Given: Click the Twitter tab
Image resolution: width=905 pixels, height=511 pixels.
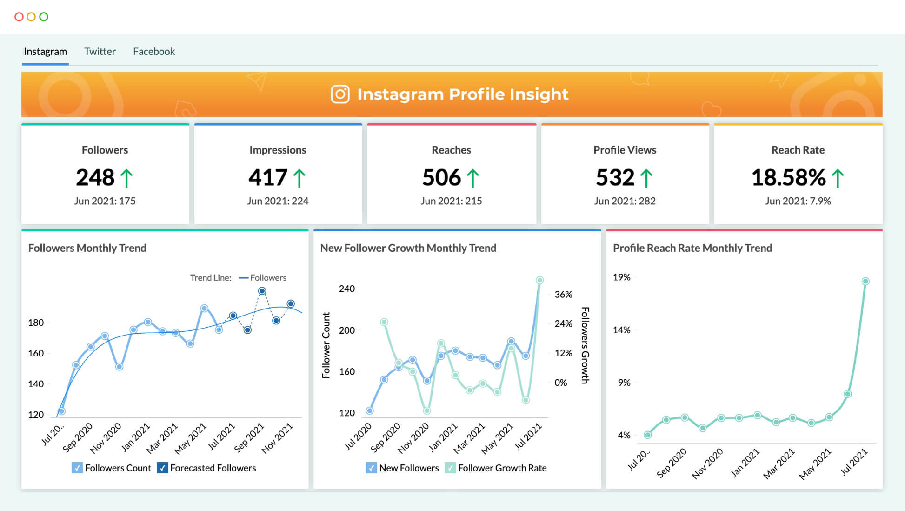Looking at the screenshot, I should pos(100,52).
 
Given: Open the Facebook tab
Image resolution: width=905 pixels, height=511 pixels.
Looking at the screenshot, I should pos(154,52).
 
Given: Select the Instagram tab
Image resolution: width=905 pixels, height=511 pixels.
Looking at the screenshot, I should pos(45,52).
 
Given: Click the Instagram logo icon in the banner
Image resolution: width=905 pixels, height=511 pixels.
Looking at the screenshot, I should pos(340,94).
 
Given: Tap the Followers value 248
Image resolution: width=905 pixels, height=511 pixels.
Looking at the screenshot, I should pos(95,178).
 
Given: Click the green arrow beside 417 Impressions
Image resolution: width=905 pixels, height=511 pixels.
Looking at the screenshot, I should pos(299,178).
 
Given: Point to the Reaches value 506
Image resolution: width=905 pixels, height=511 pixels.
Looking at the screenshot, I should pos(441,178).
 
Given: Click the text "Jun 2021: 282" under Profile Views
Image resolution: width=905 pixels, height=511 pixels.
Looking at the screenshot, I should pos(625,201).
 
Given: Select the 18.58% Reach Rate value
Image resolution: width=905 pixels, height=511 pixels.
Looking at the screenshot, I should pos(788,178).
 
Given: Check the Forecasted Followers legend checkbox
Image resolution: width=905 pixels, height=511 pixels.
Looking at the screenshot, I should pos(162,468).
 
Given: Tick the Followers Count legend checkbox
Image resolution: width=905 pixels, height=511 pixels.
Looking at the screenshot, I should pos(77,468).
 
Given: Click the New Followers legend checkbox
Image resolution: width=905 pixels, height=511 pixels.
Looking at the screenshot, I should pos(371,468).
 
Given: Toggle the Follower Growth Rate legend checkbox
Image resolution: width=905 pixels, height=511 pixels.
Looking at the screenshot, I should pos(450,468).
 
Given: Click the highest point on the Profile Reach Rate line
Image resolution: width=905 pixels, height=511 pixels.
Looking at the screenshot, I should pos(865,281).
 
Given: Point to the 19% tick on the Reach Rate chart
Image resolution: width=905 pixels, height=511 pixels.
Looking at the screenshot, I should pos(621,277).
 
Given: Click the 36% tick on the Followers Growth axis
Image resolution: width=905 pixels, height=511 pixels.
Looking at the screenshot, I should pos(563,295).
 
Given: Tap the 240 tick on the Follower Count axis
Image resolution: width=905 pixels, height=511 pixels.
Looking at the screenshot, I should pos(347,289).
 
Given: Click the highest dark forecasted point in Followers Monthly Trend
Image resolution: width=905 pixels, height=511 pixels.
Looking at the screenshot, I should pos(262,291).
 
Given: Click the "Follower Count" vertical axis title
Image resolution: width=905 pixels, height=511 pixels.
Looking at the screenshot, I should pos(326,345).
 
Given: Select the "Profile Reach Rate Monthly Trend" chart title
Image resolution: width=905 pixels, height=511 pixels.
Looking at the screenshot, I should pos(692,248).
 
